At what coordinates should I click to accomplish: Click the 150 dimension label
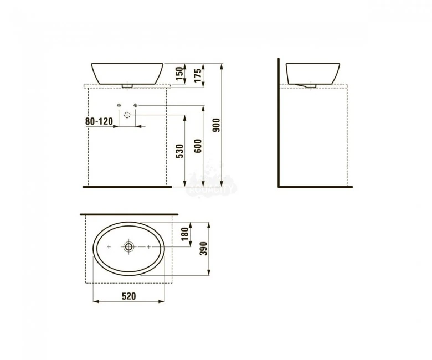pyautogui.click(x=179, y=74)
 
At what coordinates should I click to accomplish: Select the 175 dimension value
pyautogui.click(x=198, y=75)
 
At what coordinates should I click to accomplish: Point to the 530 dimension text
pyautogui.click(x=179, y=151)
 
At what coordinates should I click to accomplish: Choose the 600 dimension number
pyautogui.click(x=198, y=145)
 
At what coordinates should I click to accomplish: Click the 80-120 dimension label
pyautogui.click(x=99, y=121)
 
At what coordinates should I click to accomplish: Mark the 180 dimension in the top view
pyautogui.click(x=185, y=235)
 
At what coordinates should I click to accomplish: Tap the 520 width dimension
pyautogui.click(x=128, y=296)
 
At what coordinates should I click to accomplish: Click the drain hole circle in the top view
pyautogui.click(x=128, y=246)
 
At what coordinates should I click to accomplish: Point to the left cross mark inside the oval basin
pyautogui.click(x=110, y=246)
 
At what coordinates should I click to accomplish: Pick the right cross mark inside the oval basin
pyautogui.click(x=148, y=246)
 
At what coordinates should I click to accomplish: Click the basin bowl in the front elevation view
pyautogui.click(x=127, y=73)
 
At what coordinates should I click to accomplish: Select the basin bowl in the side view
pyautogui.click(x=312, y=73)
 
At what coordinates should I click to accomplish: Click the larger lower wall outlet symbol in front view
pyautogui.click(x=127, y=115)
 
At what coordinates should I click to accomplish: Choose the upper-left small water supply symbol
pyautogui.click(x=119, y=105)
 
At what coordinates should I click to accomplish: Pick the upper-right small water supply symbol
pyautogui.click(x=135, y=105)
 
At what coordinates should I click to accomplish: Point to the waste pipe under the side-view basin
pyautogui.click(x=305, y=85)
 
